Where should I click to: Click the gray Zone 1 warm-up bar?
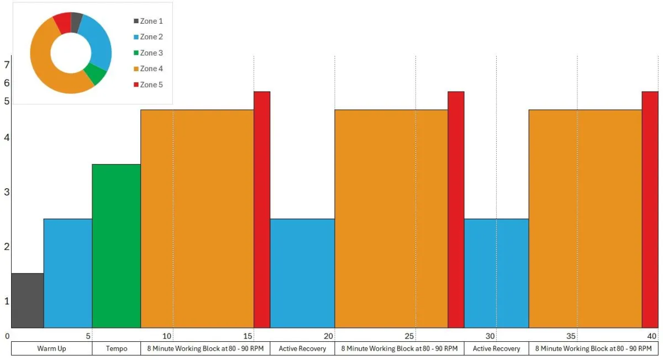(x=27, y=300)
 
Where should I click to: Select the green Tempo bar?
(x=116, y=246)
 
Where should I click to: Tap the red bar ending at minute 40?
(x=650, y=209)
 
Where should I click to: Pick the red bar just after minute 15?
(x=262, y=209)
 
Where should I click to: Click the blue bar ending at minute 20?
(x=302, y=273)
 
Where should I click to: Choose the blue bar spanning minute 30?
(x=496, y=273)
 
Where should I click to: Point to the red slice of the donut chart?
(x=62, y=22)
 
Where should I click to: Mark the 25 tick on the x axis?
(x=409, y=336)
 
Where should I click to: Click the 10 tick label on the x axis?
(x=167, y=336)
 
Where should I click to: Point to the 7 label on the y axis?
(x=7, y=65)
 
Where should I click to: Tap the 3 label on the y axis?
(x=7, y=192)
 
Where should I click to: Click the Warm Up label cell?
(x=51, y=348)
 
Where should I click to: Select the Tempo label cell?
(x=116, y=348)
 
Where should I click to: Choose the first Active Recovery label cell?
(x=302, y=348)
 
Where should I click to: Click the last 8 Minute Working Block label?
(x=593, y=348)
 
